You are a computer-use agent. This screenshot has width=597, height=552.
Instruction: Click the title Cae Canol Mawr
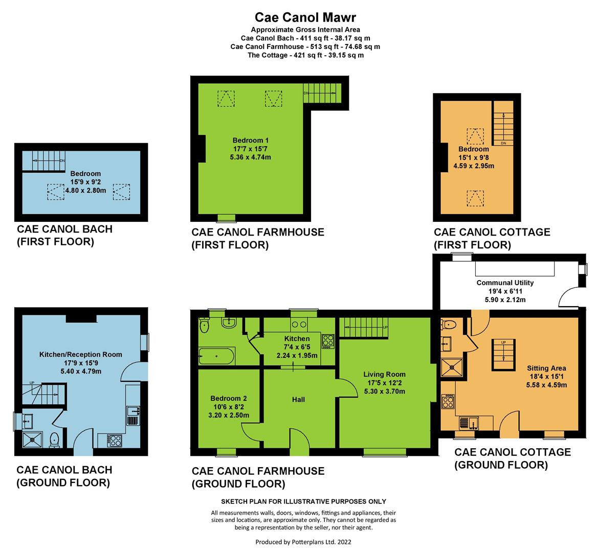pos(305,17)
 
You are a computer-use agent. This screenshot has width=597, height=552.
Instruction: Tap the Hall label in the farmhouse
pos(299,400)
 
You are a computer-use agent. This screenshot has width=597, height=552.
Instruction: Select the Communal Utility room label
pos(505,283)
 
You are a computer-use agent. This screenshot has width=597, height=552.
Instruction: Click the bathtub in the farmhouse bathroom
pos(216,356)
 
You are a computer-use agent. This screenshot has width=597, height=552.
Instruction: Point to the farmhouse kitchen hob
pos(328,341)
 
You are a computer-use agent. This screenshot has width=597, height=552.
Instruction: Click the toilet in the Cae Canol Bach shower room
pos(54,440)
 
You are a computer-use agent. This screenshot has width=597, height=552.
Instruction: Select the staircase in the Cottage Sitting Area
pos(503,355)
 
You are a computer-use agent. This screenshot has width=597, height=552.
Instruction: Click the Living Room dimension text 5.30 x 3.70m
pos(385,391)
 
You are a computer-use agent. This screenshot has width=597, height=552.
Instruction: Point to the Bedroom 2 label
pos(229,398)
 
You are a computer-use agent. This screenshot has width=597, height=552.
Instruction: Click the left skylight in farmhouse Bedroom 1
pos(226,99)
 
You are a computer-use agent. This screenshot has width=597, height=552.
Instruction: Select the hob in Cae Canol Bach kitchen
pos(115,441)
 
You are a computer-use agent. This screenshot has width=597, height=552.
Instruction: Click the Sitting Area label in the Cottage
pos(546,368)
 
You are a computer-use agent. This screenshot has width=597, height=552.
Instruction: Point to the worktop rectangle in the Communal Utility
pos(515,268)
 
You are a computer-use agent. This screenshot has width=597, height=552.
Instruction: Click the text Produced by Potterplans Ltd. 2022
pos(303,542)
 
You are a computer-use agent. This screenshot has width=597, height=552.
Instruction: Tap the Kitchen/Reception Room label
pos(81,354)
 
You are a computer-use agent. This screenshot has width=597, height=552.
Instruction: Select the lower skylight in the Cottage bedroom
pos(476,198)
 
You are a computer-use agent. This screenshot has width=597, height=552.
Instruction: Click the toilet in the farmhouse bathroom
pos(205,325)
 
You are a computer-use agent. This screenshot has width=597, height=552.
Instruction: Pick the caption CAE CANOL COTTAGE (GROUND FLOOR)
pos(513,458)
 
